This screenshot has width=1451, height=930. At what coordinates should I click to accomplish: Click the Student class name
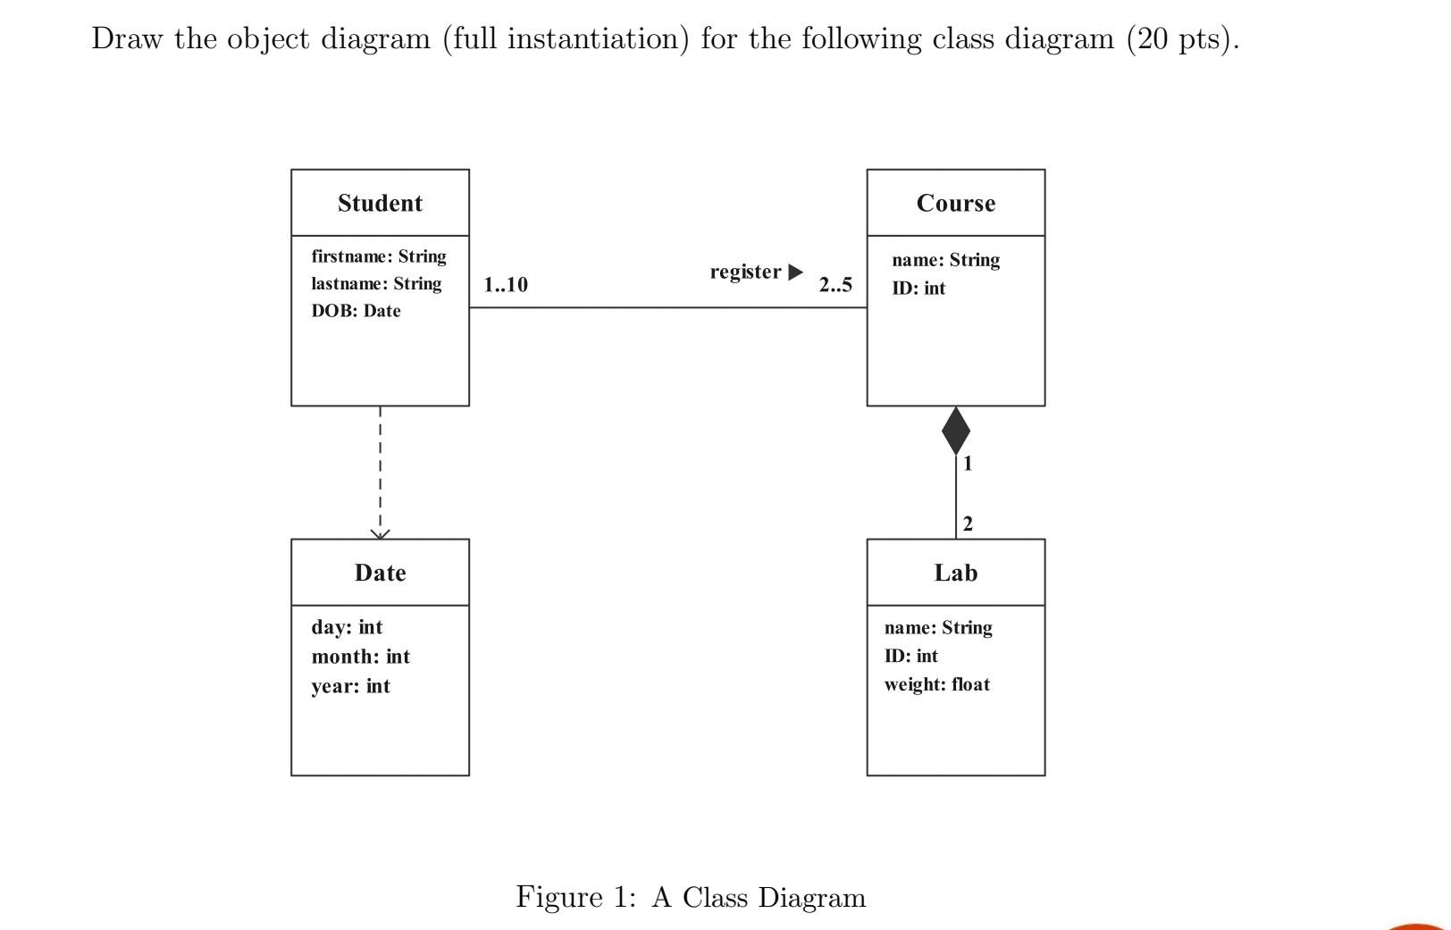(x=380, y=203)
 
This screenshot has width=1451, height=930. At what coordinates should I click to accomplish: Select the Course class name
(x=955, y=203)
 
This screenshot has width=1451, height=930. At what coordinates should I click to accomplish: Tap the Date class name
(x=380, y=573)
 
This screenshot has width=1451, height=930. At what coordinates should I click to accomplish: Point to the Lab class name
(x=955, y=573)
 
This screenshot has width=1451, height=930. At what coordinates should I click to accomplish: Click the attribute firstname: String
(x=379, y=256)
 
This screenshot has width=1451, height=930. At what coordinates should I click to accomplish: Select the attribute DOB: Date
(x=356, y=311)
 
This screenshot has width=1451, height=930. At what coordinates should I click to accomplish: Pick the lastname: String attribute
(x=376, y=283)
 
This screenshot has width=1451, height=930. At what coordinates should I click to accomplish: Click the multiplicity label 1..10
(x=506, y=285)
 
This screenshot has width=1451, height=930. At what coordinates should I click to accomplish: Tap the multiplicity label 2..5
(x=835, y=285)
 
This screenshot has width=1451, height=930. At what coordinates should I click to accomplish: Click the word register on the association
(x=745, y=272)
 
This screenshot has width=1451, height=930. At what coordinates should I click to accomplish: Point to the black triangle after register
(x=795, y=272)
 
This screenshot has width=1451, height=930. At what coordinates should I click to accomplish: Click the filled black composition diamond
(x=955, y=431)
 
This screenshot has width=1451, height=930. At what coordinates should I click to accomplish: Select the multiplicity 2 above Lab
(x=968, y=524)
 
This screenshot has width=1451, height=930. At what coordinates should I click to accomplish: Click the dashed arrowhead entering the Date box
(x=380, y=533)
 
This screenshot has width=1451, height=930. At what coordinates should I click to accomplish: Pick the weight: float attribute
(x=936, y=684)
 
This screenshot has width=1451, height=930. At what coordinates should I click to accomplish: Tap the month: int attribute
(x=360, y=657)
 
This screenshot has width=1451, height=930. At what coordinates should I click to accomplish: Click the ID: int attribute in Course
(x=918, y=289)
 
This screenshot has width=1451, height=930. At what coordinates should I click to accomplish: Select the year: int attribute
(x=350, y=686)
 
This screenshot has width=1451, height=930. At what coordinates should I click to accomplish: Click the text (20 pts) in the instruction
(x=1181, y=38)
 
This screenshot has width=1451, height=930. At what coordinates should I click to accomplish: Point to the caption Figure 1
(x=575, y=897)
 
